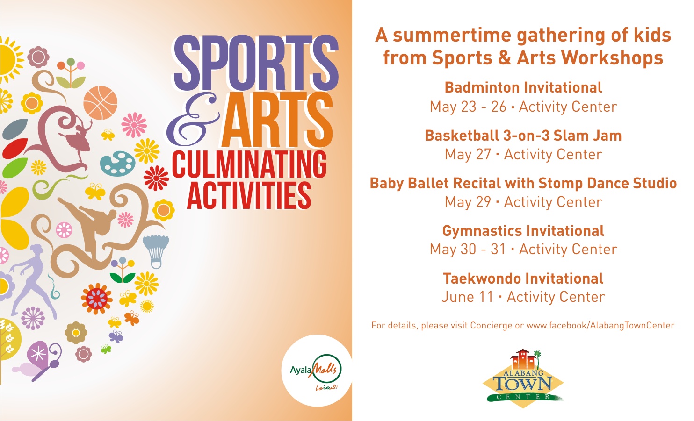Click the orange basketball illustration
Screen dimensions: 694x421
point(101,103)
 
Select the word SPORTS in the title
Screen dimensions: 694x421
point(256,63)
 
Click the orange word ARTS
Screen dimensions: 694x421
point(277,120)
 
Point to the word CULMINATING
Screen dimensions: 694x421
point(249,164)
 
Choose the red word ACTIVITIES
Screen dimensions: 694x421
point(249,195)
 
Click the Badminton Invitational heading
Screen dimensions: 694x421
point(523,87)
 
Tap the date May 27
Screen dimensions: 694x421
point(468,155)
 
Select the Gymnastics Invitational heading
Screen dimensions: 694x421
point(523,231)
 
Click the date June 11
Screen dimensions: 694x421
point(467,297)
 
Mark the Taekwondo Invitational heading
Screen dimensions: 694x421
point(523,278)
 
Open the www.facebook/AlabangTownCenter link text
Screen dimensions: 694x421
point(600,325)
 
